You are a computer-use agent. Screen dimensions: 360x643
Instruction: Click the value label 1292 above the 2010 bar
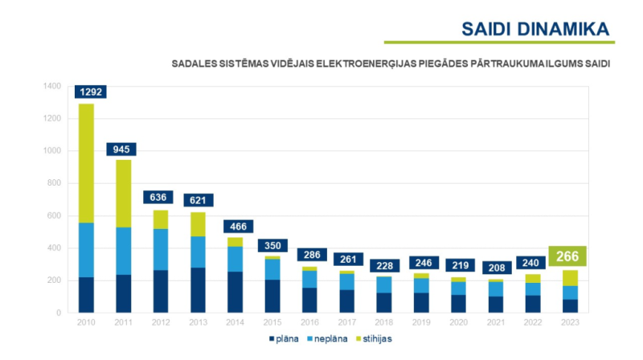click(90, 92)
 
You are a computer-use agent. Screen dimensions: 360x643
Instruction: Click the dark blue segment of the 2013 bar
click(198, 290)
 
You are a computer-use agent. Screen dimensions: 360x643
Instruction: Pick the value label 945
click(123, 149)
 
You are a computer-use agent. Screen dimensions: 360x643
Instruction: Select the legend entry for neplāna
click(326, 338)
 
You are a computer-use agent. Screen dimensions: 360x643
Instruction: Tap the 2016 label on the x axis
click(309, 321)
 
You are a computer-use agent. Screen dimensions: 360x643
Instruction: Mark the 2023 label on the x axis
click(570, 321)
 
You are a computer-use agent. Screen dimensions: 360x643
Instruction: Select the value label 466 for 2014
click(235, 227)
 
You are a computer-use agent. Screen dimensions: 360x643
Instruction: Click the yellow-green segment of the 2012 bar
click(161, 219)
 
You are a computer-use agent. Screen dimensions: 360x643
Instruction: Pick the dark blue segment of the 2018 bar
click(383, 302)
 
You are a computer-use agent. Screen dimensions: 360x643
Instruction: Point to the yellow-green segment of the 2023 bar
click(570, 278)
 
